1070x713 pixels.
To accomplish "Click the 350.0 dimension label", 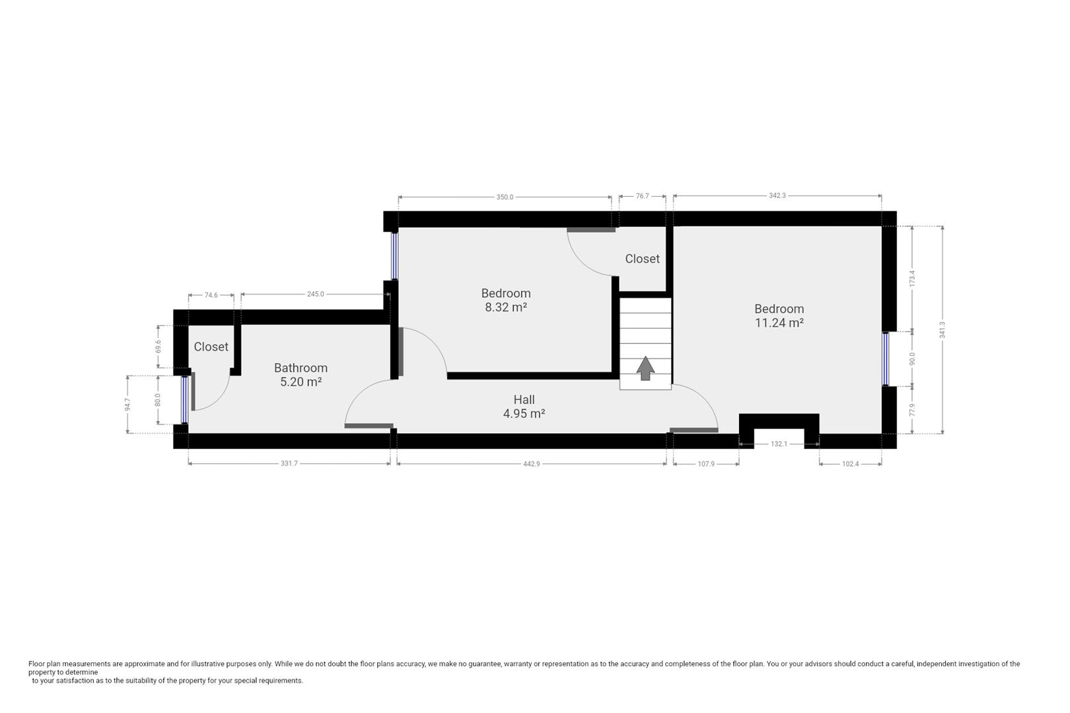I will point(505,197).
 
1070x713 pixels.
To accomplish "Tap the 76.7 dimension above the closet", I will point(642,196).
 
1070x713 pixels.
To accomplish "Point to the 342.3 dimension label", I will point(777,195).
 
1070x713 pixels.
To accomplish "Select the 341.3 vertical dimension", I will point(943,329).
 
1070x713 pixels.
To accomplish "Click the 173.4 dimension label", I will point(912,278).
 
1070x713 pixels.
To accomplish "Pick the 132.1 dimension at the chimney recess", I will point(779,444).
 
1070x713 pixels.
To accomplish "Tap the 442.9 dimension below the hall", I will point(532,464).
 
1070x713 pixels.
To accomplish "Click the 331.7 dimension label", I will point(289,463).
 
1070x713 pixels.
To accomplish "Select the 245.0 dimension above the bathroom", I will point(316,294).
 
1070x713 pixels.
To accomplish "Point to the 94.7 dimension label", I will point(127,404).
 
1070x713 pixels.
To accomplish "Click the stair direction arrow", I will point(645,368).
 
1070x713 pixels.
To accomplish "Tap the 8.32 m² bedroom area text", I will point(506,307).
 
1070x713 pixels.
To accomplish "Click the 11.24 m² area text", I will point(779,323).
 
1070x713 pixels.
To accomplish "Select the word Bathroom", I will point(301,368).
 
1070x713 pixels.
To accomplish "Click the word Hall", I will point(524,399).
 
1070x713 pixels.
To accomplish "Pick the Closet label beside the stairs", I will point(642,259).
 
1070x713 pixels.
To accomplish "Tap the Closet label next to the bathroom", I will point(211,347).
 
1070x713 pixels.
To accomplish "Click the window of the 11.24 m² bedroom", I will point(886,358).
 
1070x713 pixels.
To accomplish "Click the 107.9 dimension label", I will point(706,464).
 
